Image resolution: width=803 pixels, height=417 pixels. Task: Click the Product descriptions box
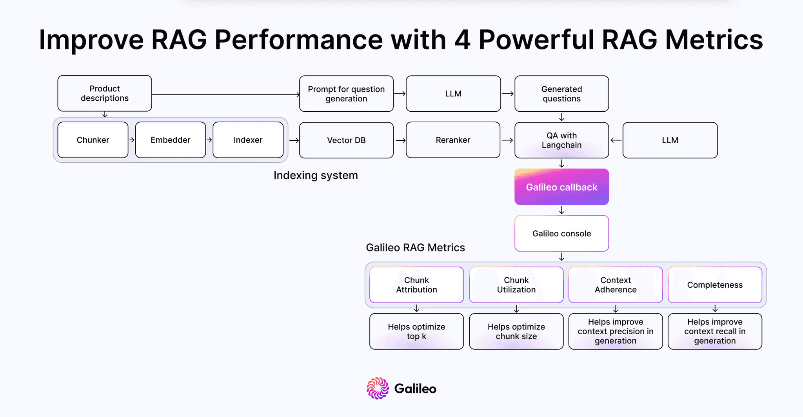click(x=105, y=93)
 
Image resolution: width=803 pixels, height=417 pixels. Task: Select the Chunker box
click(x=93, y=140)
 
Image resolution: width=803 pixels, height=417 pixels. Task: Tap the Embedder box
click(x=171, y=140)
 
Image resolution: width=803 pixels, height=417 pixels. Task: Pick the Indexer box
click(x=248, y=140)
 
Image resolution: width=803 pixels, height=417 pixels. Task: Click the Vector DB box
click(x=346, y=140)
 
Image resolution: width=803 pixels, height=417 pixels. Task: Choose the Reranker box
click(x=453, y=140)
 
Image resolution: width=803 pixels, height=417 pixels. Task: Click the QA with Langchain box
click(x=561, y=140)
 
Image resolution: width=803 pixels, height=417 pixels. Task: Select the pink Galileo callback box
click(x=561, y=187)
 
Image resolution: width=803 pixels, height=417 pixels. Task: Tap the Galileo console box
click(x=561, y=234)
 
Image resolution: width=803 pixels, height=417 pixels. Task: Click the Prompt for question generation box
click(x=346, y=94)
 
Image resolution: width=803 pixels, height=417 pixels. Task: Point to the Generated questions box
click(x=561, y=94)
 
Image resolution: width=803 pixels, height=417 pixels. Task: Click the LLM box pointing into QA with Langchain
click(x=670, y=140)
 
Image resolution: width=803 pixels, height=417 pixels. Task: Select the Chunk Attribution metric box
click(x=416, y=285)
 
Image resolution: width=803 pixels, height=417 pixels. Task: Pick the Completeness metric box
click(x=715, y=285)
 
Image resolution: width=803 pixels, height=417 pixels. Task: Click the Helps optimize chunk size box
click(x=516, y=332)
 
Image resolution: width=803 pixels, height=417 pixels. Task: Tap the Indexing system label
click(x=316, y=175)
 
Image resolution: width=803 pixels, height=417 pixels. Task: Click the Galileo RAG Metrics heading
click(x=415, y=248)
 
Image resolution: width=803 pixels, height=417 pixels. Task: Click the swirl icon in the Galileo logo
click(x=378, y=388)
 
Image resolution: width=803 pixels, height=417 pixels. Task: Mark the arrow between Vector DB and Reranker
click(x=400, y=140)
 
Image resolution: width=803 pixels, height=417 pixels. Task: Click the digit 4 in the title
click(x=462, y=40)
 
